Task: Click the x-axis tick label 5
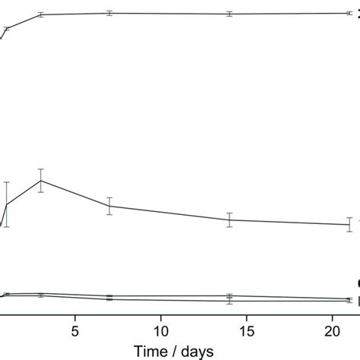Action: [x=74, y=330]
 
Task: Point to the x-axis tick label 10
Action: [x=161, y=330]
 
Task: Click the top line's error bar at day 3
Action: [x=41, y=14]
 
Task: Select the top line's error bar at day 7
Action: [x=110, y=13]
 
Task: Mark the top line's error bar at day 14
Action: [x=229, y=14]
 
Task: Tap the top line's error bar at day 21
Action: [x=349, y=13]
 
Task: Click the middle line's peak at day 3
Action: [x=41, y=180]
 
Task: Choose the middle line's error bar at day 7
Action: [x=110, y=206]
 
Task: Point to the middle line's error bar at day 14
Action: [x=229, y=219]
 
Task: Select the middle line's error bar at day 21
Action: [x=349, y=224]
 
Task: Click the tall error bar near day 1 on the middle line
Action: [x=7, y=204]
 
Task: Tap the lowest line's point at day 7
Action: [x=110, y=299]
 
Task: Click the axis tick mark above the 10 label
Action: [x=161, y=317]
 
